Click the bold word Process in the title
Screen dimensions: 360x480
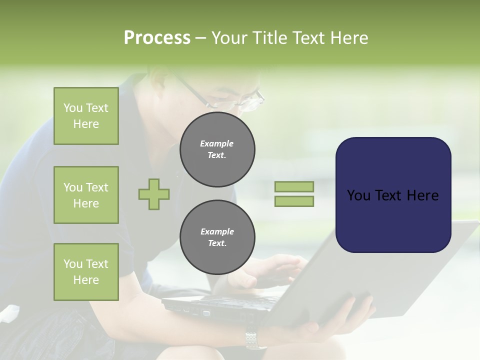coord(157,38)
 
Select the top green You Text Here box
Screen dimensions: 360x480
coord(86,116)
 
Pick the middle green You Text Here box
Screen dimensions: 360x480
coord(86,195)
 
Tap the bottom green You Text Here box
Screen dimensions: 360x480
coord(86,272)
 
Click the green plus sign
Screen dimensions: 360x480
coord(154,194)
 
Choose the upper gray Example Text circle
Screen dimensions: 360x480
coord(217,149)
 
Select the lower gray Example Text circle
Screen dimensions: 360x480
coord(217,237)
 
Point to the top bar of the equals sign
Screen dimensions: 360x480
coord(294,186)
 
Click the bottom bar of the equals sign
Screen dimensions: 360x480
coord(294,201)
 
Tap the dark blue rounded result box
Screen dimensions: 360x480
coord(393,195)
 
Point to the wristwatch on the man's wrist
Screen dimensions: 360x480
coord(255,340)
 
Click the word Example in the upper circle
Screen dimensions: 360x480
coord(217,143)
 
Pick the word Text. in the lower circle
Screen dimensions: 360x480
coord(217,243)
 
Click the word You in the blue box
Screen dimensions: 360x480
coord(358,195)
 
